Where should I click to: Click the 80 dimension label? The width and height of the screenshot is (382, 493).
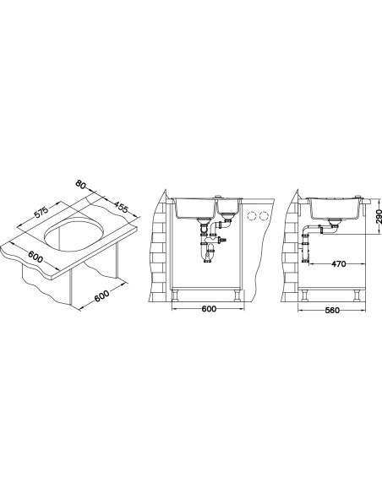(81, 185)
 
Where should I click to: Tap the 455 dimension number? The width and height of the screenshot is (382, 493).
(121, 207)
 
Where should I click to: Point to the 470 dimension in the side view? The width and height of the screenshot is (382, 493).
(338, 263)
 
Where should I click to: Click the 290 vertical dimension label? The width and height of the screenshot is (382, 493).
(379, 216)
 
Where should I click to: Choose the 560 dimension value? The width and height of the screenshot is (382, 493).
(332, 311)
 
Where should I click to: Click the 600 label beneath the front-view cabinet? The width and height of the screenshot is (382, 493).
(209, 309)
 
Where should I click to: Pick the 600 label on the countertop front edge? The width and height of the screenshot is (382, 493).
(35, 257)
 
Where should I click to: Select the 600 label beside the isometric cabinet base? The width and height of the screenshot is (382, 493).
(101, 295)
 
